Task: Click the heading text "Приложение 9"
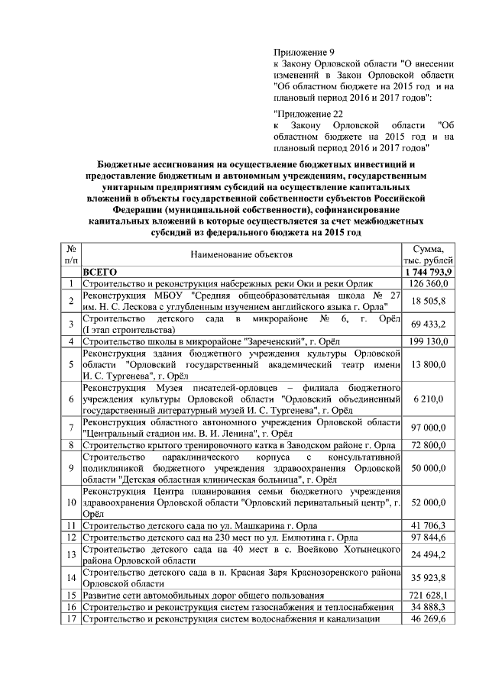(x=299, y=50)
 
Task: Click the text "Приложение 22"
(x=302, y=113)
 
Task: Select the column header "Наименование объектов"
(x=242, y=254)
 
